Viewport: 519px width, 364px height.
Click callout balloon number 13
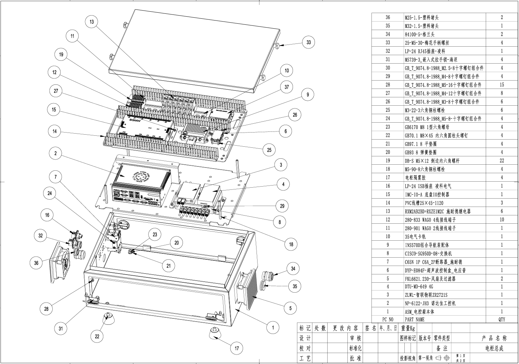pos(92,22)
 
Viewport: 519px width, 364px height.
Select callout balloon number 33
pos(308,42)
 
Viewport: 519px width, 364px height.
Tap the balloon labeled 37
pos(287,87)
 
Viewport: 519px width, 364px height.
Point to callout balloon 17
pos(237,348)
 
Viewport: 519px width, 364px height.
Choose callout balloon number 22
pos(97,336)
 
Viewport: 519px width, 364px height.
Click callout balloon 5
pos(290,308)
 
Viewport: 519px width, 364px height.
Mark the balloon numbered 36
pos(36,263)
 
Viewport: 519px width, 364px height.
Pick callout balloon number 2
pos(56,153)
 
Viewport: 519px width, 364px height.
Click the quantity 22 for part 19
pos(502,160)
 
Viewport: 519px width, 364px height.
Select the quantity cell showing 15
pos(502,85)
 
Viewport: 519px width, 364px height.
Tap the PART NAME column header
pos(415,319)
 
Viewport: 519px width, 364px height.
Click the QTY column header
pos(502,319)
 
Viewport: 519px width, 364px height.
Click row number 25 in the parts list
pos(388,110)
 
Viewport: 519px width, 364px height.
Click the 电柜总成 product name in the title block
pos(494,348)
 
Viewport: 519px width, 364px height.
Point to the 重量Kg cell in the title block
pos(408,328)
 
